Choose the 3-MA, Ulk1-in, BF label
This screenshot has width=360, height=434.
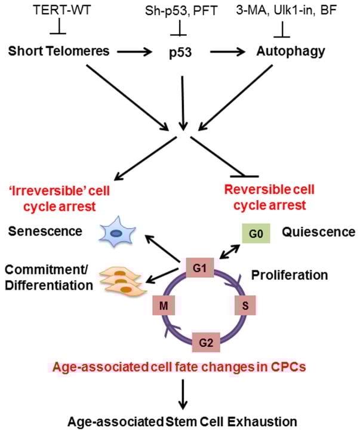click(292, 11)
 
